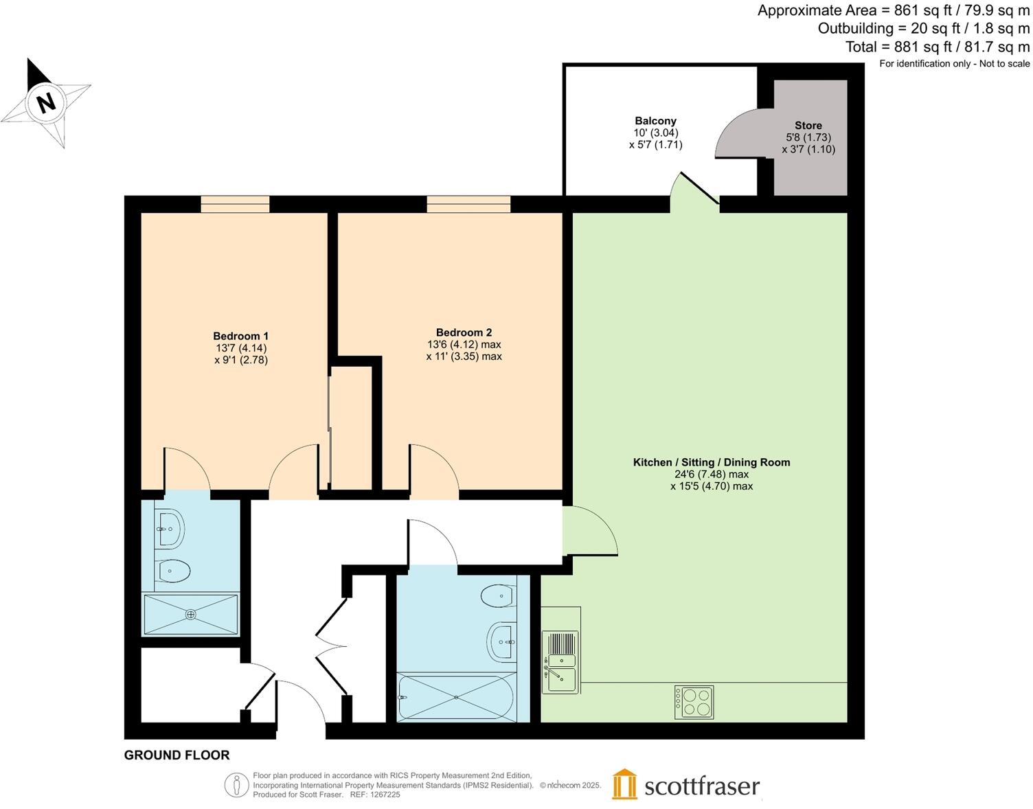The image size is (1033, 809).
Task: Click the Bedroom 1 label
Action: click(240, 336)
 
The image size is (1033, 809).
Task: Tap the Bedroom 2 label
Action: click(464, 332)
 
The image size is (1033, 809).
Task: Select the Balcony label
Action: click(655, 121)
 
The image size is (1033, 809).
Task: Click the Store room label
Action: click(808, 125)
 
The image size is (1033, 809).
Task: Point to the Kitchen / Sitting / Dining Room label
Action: click(712, 462)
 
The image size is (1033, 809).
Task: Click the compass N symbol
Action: click(46, 103)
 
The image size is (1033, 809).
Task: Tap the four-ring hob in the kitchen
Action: click(694, 702)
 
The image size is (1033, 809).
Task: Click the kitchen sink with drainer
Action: click(560, 662)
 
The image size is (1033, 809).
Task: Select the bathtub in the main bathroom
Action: click(456, 697)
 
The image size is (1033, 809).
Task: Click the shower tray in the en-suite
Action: click(190, 613)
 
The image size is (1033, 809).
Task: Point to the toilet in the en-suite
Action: click(173, 571)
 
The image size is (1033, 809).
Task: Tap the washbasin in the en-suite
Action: click(170, 529)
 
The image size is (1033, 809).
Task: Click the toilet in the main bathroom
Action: click(499, 595)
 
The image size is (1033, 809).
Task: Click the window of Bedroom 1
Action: click(235, 204)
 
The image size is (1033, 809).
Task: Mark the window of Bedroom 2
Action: click(468, 204)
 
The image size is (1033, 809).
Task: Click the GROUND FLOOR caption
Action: click(177, 755)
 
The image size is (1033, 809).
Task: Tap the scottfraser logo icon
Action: click(624, 784)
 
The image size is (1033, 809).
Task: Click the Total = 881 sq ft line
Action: click(937, 47)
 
